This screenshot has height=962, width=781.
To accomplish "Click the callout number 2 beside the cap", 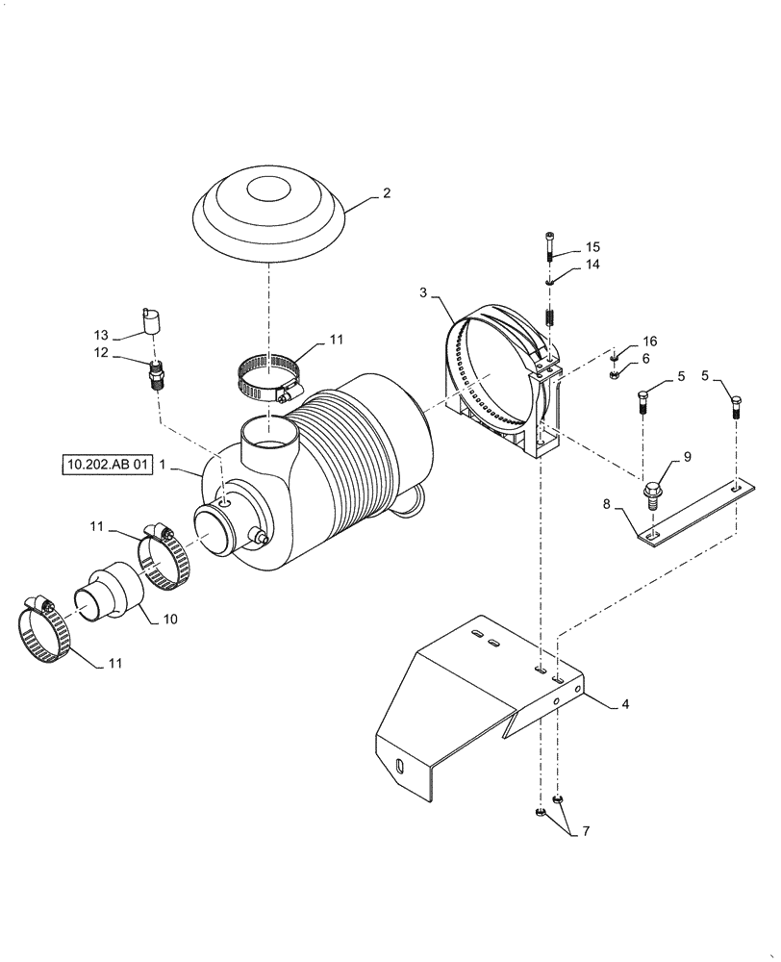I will [386, 193].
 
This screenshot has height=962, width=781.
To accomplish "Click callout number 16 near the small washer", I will [650, 342].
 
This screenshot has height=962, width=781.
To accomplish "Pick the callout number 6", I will [646, 358].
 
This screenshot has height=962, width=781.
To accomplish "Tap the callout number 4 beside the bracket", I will [625, 704].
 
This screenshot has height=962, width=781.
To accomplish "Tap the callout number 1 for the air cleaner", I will [164, 466].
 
